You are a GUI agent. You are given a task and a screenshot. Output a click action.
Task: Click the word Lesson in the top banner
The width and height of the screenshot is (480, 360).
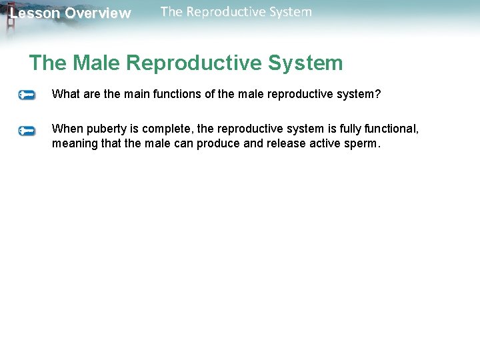coord(35,13)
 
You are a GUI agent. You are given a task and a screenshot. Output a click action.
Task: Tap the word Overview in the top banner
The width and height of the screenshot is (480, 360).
coord(98,13)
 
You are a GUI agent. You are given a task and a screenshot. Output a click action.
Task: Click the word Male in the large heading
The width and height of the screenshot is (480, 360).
coord(96,63)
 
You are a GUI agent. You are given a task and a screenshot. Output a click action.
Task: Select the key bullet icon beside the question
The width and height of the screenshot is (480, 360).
coord(27,95)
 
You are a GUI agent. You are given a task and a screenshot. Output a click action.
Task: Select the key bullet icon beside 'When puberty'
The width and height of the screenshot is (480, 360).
coord(27,130)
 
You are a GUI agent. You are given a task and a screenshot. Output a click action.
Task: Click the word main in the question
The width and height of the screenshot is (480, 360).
coord(133,94)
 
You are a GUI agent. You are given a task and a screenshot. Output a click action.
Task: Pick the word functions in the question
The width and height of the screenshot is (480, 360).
coord(176,94)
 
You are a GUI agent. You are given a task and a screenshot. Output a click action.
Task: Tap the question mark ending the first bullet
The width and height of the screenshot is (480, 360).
coord(378,94)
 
